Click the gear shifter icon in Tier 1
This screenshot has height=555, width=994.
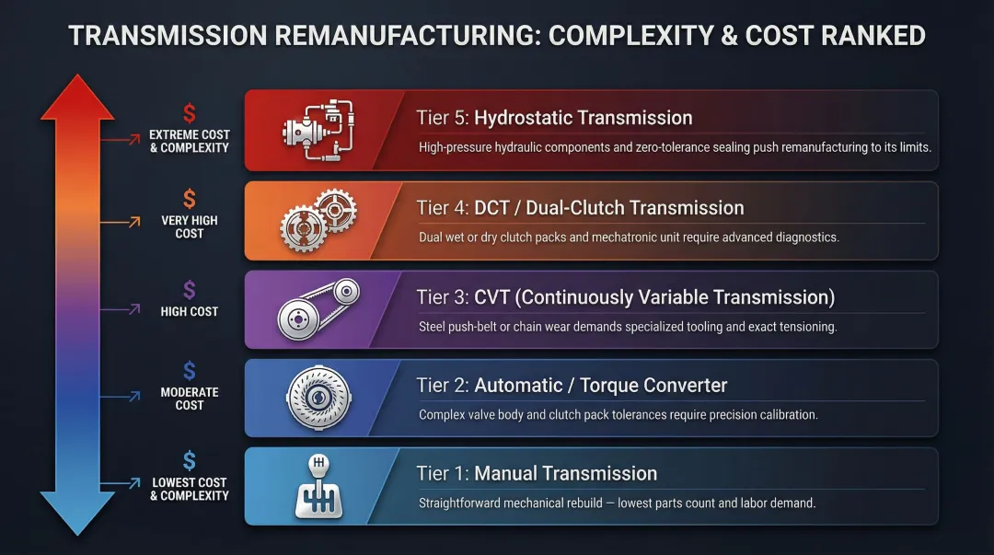(x=317, y=486)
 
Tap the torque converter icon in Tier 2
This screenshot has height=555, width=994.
(x=318, y=398)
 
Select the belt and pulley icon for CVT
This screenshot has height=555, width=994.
(x=318, y=308)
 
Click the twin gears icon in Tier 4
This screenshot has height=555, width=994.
(x=318, y=221)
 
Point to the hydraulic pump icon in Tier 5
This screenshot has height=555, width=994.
(x=318, y=131)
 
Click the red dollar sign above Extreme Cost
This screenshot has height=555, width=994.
(x=190, y=114)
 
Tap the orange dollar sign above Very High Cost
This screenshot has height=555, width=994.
(x=190, y=199)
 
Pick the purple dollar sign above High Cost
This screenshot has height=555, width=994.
(x=190, y=290)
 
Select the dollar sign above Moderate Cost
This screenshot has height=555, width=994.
(x=190, y=371)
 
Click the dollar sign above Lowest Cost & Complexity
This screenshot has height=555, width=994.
(x=190, y=461)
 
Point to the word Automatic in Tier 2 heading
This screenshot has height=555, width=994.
(x=518, y=386)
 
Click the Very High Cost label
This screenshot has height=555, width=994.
(x=190, y=226)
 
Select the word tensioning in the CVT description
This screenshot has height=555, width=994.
(x=807, y=327)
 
